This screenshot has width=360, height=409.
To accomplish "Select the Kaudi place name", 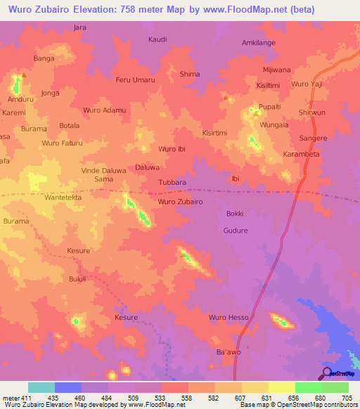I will (x=157, y=39).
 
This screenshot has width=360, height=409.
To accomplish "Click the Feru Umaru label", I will (x=135, y=80).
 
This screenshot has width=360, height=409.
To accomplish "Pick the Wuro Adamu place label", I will (x=104, y=110).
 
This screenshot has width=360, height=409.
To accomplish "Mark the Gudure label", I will (x=235, y=231).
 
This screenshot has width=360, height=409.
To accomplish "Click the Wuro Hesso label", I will (x=229, y=318).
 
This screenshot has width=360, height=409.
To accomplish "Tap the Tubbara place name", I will (x=172, y=182).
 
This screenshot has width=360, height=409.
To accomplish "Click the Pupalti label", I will (x=270, y=106).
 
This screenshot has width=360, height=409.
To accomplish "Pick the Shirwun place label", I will (x=311, y=112).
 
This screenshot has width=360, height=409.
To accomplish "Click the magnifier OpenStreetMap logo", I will (x=326, y=372).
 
